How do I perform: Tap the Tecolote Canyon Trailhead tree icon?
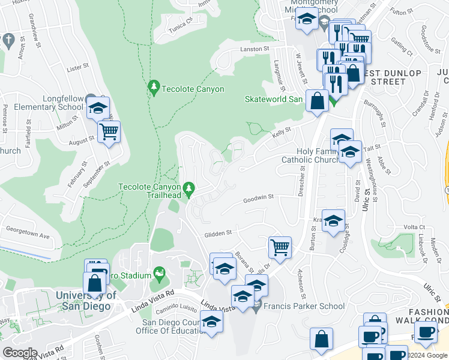click(189, 190)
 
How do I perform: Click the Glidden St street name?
click(217, 235)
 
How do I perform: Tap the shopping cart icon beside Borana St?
click(280, 246)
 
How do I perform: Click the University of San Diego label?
click(86, 301)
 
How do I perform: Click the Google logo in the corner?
click(20, 353)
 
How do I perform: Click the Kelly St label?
click(282, 129)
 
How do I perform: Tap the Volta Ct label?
click(414, 227)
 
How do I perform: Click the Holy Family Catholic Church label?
click(311, 156)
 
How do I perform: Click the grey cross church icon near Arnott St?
click(8, 40)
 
